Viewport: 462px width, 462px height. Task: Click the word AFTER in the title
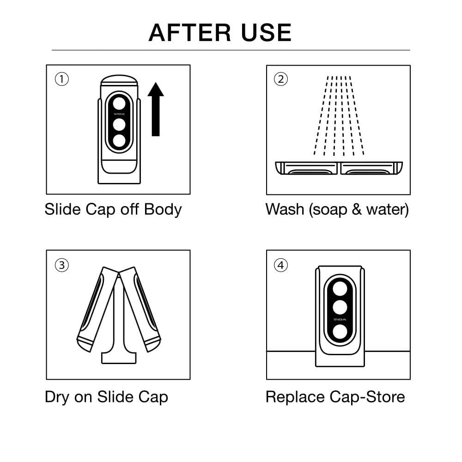pyautogui.click(x=190, y=32)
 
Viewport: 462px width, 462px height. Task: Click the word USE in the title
pyautogui.click(x=267, y=32)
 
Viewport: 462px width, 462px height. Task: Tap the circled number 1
pyautogui.click(x=62, y=79)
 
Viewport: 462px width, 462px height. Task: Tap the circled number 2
pyautogui.click(x=281, y=79)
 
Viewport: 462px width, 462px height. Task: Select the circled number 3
pyautogui.click(x=62, y=265)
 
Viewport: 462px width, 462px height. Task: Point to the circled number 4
pyautogui.click(x=281, y=265)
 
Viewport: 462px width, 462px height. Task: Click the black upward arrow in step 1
pyautogui.click(x=156, y=109)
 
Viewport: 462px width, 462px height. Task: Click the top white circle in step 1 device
pyautogui.click(x=119, y=103)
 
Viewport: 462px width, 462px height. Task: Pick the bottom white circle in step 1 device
pyautogui.click(x=119, y=140)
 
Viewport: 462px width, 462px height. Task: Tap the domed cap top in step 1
pyautogui.click(x=119, y=80)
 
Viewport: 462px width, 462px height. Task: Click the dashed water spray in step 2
pyautogui.click(x=339, y=115)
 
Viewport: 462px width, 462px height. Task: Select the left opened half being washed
pyautogui.click(x=306, y=168)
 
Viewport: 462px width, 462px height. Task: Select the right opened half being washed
pyautogui.click(x=371, y=168)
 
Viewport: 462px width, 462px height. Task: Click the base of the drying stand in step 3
pyautogui.click(x=119, y=358)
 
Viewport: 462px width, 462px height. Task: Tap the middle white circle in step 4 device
pyautogui.click(x=340, y=307)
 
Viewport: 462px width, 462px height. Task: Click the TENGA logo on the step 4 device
pyautogui.click(x=340, y=319)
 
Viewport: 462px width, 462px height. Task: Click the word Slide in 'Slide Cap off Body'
pyautogui.click(x=63, y=209)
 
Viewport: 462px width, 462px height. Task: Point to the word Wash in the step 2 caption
pyautogui.click(x=285, y=209)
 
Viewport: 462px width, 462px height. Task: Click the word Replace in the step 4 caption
pyautogui.click(x=296, y=397)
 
